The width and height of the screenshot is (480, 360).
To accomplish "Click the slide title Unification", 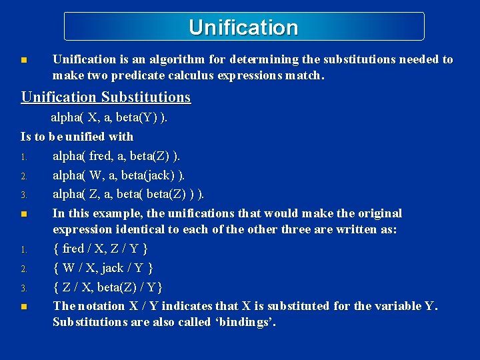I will click(243, 27).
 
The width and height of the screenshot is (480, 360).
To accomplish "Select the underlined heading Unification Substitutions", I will click(106, 97).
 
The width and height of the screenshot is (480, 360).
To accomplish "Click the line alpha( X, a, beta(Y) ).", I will click(109, 118).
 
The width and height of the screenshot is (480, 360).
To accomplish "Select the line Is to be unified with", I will click(77, 137).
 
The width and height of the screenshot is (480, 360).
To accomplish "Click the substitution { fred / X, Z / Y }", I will click(100, 249).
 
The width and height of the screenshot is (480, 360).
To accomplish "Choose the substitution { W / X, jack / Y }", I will click(103, 268).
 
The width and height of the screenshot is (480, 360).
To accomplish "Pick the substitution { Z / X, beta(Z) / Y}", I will click(108, 287).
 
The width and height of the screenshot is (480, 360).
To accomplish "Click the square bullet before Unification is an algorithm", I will click(24, 60).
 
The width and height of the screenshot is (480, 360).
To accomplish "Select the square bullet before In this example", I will click(24, 214).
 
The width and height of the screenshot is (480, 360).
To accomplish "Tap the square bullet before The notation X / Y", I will click(24, 307).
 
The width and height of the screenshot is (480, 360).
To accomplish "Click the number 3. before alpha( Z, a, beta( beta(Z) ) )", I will click(23, 195).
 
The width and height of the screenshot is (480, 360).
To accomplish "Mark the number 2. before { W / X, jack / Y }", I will click(23, 269).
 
